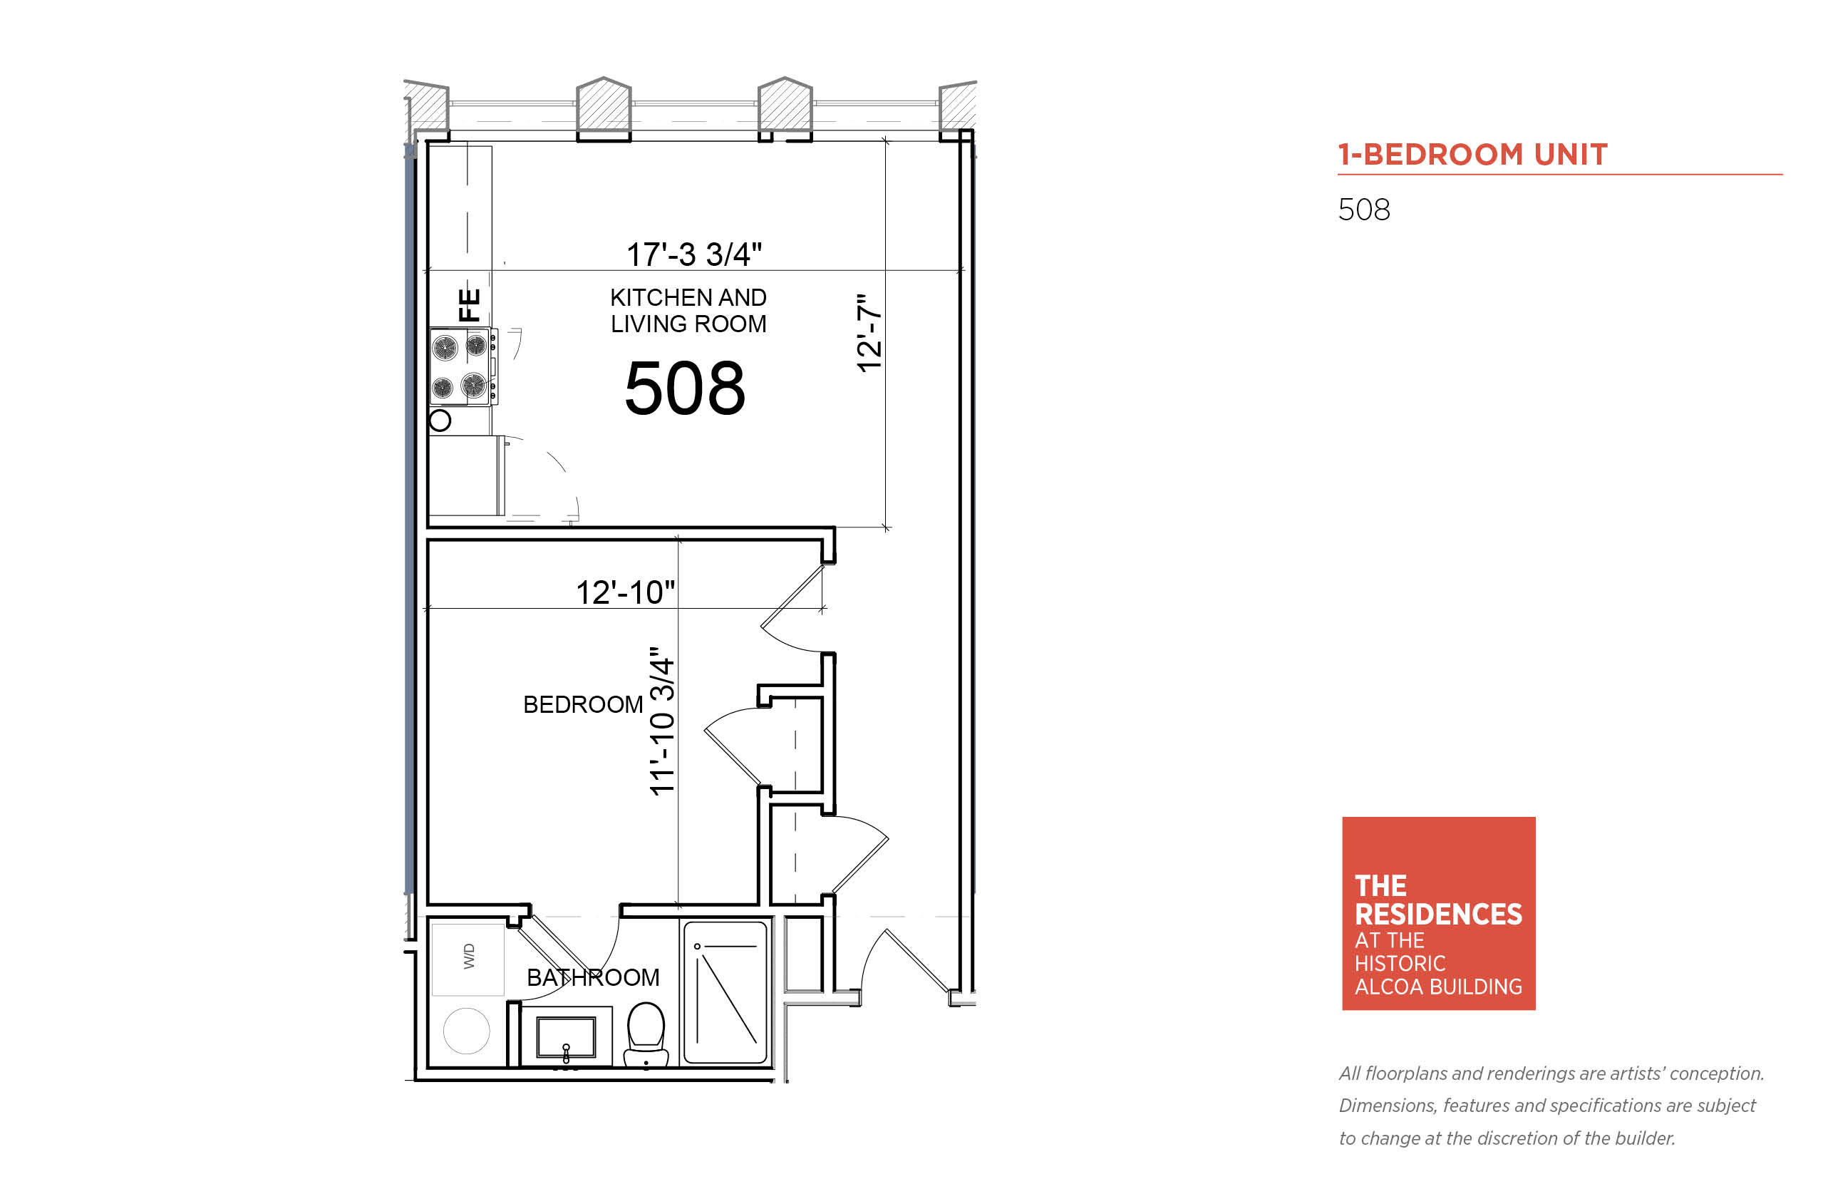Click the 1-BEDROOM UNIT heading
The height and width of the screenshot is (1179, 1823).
tap(1472, 154)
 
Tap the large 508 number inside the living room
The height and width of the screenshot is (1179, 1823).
tap(685, 389)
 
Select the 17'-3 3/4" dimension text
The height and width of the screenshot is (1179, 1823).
tap(694, 254)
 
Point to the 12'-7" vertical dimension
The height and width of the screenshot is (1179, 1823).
tap(869, 333)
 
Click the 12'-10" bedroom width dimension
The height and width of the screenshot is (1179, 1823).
tap(625, 592)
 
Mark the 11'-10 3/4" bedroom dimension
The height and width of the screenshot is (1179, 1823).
tap(662, 721)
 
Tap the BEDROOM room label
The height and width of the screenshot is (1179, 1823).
tap(583, 704)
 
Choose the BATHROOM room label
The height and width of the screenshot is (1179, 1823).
tap(593, 978)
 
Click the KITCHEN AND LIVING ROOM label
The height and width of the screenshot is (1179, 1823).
tap(688, 310)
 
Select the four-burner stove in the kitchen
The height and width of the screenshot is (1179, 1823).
tap(463, 366)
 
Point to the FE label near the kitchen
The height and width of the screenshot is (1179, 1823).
tap(469, 304)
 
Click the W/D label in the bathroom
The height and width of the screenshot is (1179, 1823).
tap(469, 956)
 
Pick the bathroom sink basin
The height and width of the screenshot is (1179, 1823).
tap(567, 1037)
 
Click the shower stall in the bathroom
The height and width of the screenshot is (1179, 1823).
tap(725, 992)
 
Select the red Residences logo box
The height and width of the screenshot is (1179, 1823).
tap(1439, 913)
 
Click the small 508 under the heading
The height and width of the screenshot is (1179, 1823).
tap(1364, 210)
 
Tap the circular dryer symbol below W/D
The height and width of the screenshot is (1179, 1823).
tap(467, 1031)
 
